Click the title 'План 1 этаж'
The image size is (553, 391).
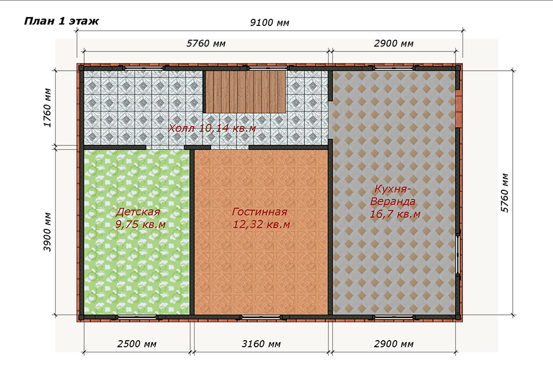tap(61, 21)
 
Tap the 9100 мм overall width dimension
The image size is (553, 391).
tap(270, 23)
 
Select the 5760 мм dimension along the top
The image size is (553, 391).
tap(206, 43)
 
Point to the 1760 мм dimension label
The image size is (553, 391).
tap(48, 107)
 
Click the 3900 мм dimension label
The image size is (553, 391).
tap(48, 232)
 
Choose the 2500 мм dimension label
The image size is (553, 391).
tap(137, 344)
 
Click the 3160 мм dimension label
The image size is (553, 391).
tap(261, 344)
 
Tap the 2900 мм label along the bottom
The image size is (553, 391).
tap(394, 344)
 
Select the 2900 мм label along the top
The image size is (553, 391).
tap(394, 43)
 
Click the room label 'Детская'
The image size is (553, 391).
tap(138, 212)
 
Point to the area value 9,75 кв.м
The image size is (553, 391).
tap(140, 224)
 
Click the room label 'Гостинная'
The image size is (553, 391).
tap(259, 212)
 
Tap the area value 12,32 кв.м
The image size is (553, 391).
tap(262, 224)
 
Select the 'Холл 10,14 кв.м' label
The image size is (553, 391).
tap(212, 128)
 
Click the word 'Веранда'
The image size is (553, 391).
tap(393, 201)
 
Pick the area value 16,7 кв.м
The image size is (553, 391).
tap(395, 214)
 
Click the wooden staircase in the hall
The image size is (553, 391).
tap(246, 92)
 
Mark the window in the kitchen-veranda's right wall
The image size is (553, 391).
tap(458, 253)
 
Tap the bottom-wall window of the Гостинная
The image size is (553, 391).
tap(262, 317)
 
